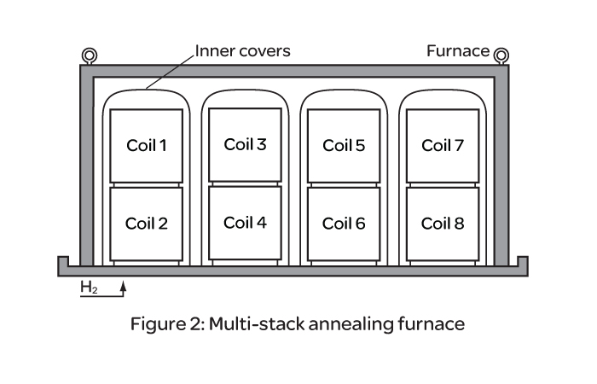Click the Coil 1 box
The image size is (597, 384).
click(147, 145)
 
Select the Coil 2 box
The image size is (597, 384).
click(147, 224)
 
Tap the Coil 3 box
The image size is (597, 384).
click(245, 144)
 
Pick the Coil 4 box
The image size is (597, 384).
click(245, 223)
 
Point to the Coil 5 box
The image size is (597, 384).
click(344, 145)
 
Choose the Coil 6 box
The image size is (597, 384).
click(344, 224)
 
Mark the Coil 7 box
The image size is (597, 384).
click(443, 145)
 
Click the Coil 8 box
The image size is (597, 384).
click(443, 224)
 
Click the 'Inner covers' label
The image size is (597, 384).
click(242, 51)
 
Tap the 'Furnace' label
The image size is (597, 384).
click(458, 51)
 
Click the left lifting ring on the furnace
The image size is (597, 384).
click(89, 56)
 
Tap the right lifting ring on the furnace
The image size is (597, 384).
click(501, 55)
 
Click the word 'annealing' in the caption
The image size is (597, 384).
click(362, 325)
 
